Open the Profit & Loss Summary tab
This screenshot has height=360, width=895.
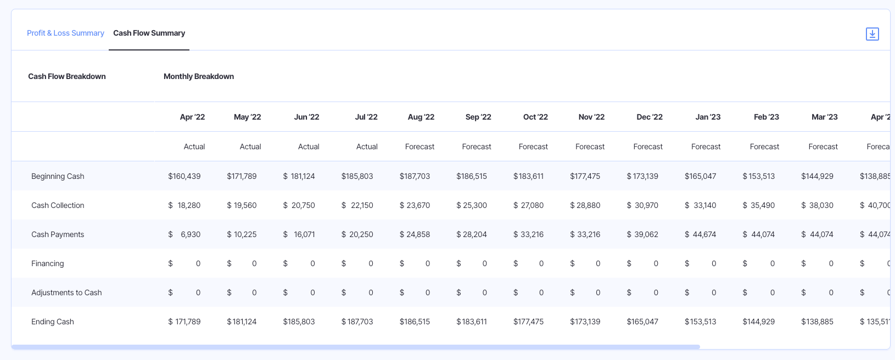[65, 33]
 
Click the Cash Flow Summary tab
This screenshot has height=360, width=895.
[149, 33]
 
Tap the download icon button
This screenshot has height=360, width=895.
[872, 34]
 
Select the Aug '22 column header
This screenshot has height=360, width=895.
[421, 117]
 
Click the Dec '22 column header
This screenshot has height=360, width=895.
[649, 117]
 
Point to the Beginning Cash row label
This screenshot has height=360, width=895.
[58, 176]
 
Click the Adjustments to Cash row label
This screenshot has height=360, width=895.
[66, 292]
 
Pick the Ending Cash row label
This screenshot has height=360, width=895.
[53, 322]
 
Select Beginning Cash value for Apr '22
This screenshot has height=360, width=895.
[184, 176]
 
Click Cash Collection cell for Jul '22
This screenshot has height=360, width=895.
[357, 205]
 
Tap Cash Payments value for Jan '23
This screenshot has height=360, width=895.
[701, 234]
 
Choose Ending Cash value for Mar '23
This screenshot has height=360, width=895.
[817, 322]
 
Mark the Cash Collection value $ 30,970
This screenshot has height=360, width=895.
[642, 205]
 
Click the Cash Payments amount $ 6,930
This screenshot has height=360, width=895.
[184, 234]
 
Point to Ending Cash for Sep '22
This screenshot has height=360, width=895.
[472, 322]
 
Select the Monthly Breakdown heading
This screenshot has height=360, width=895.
[199, 76]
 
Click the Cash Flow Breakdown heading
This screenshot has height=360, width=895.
[67, 76]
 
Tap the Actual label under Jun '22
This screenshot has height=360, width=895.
[309, 147]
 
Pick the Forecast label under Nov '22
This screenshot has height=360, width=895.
[590, 147]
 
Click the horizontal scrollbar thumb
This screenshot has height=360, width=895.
[355, 347]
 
